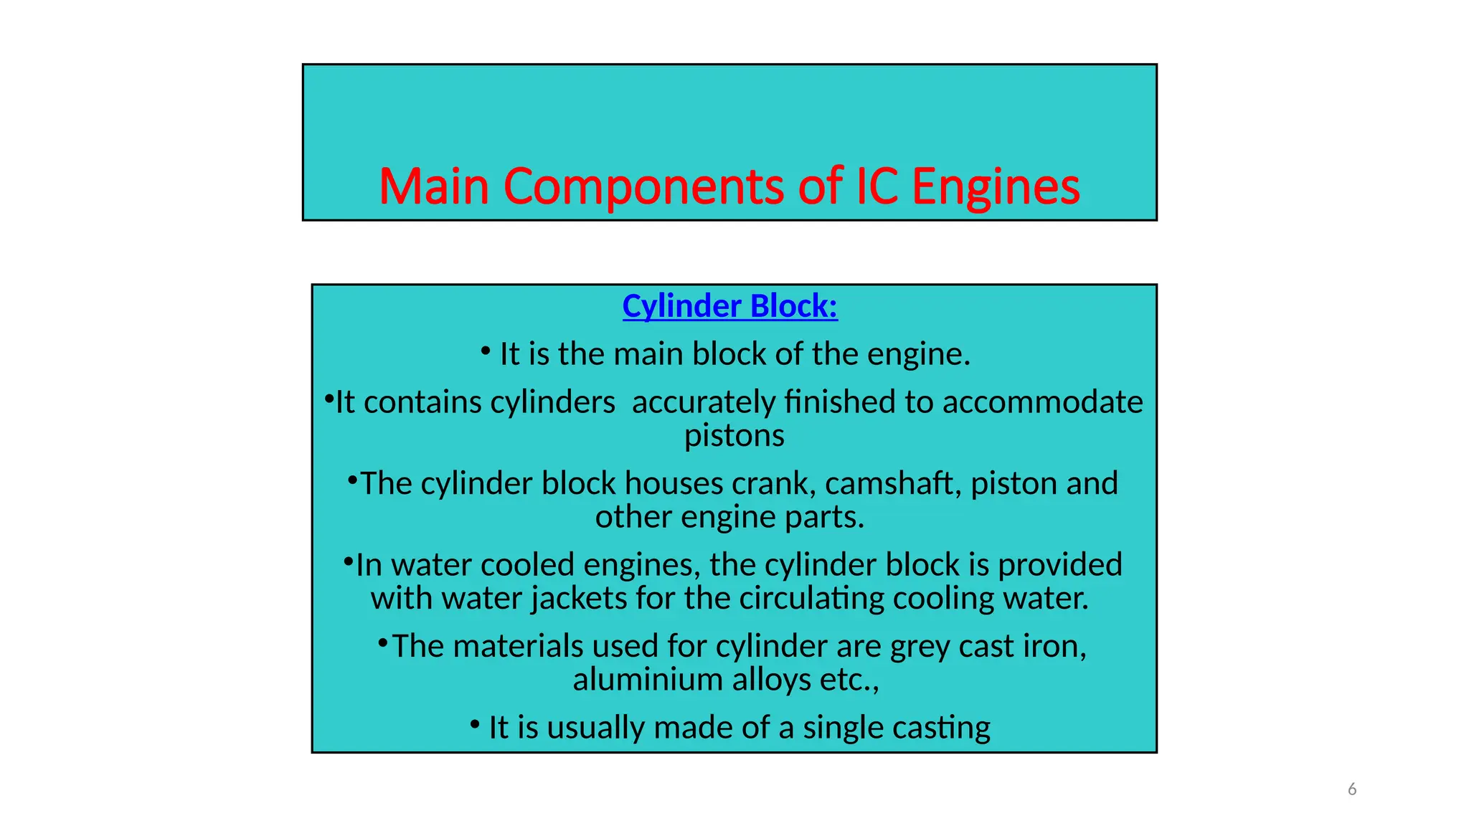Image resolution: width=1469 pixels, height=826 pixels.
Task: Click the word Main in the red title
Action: click(x=434, y=186)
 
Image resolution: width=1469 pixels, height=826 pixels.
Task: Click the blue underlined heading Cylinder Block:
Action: click(x=729, y=306)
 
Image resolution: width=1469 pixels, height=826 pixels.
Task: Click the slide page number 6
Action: click(x=1352, y=789)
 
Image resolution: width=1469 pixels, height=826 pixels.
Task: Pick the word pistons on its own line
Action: click(x=734, y=436)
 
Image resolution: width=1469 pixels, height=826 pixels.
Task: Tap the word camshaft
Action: click(x=893, y=483)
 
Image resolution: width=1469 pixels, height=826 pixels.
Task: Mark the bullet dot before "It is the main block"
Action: click(x=486, y=351)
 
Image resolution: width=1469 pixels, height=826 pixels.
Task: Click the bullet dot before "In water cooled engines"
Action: click(x=348, y=561)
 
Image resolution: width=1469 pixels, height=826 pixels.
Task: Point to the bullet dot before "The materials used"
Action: click(x=383, y=642)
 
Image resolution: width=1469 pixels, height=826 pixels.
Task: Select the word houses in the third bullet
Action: click(x=674, y=483)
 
